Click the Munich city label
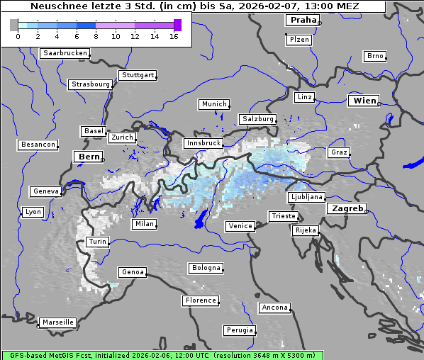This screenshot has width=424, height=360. pyautogui.click(x=213, y=104)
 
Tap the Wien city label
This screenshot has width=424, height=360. pyautogui.click(x=364, y=101)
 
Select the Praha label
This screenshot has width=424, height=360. pyautogui.click(x=303, y=20)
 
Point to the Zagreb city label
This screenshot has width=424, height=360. pyautogui.click(x=347, y=208)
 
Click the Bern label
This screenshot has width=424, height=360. pyautogui.click(x=89, y=157)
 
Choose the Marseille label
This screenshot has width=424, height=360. pyautogui.click(x=57, y=322)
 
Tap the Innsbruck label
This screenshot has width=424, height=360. pyautogui.click(x=203, y=143)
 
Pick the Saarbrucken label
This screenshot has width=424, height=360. pyautogui.click(x=65, y=53)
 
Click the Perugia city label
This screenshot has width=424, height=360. pyautogui.click(x=240, y=330)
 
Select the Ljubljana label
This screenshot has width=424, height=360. pyautogui.click(x=306, y=197)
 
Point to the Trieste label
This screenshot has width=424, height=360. pyautogui.click(x=283, y=216)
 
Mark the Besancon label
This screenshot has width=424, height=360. pyautogui.click(x=38, y=145)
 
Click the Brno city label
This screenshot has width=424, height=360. pyautogui.click(x=375, y=56)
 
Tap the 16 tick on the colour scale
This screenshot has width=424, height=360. pyautogui.click(x=174, y=36)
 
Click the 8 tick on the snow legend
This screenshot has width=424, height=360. pyautogui.click(x=96, y=36)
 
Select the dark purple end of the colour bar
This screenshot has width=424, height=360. pyautogui.click(x=177, y=25)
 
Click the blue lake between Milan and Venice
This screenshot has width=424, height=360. pyautogui.click(x=201, y=220)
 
